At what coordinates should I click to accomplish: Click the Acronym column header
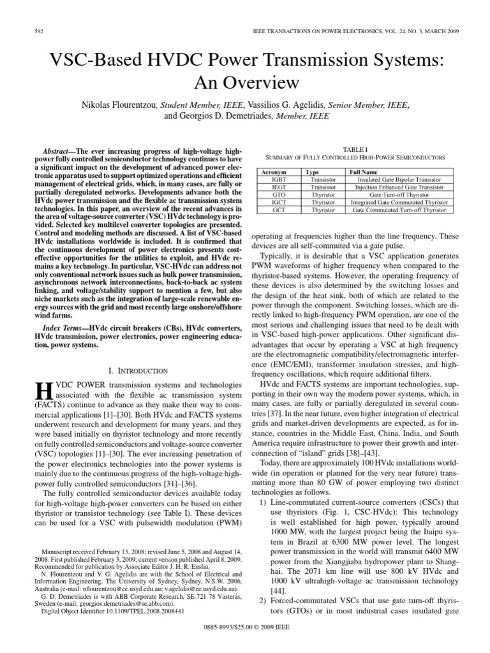[274, 172]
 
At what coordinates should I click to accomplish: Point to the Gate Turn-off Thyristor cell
[398, 194]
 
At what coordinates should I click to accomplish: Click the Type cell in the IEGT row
[318, 187]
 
